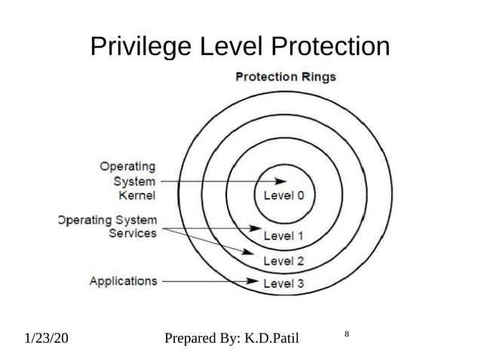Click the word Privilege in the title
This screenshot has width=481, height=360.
click(142, 47)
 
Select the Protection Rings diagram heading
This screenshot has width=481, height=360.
click(286, 76)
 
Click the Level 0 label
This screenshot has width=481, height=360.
click(283, 194)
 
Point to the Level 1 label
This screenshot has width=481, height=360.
click(283, 236)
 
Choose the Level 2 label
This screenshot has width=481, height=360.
click(283, 261)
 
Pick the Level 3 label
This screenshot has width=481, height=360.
click(283, 283)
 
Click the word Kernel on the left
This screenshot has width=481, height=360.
click(137, 195)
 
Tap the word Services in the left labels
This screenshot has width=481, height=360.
click(132, 233)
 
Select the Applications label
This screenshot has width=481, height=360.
click(124, 281)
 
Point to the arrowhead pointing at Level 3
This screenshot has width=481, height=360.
click(254, 282)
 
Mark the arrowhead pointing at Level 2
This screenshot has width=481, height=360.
click(254, 253)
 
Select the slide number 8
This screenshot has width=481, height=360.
click(346, 333)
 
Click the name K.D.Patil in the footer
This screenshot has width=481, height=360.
click(269, 337)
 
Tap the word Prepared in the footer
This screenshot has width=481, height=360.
click(191, 337)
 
